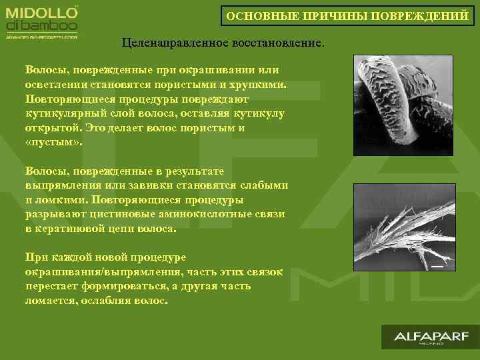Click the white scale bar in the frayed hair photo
tap(437, 266)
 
